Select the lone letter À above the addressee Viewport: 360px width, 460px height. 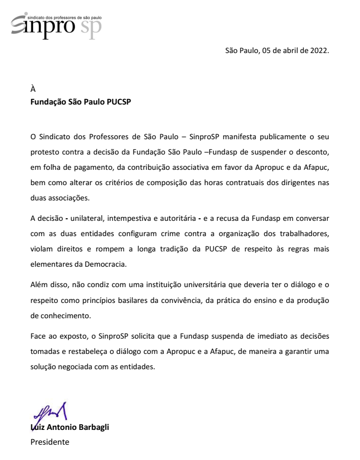pos(33,89)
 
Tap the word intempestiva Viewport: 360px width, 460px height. pos(132,218)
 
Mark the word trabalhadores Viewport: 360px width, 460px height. pos(304,234)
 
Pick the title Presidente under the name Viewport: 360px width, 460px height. pos(49,442)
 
